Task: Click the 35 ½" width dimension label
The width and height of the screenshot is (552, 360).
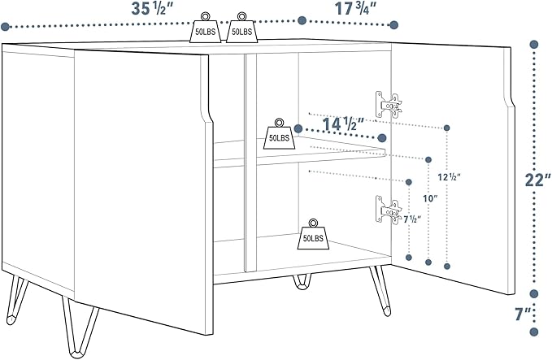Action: pyautogui.click(x=156, y=9)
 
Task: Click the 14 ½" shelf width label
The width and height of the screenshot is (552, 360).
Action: pyautogui.click(x=342, y=126)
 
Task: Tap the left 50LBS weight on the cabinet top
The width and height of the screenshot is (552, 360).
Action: pyautogui.click(x=204, y=28)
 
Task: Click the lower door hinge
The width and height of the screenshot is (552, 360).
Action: pyautogui.click(x=389, y=209)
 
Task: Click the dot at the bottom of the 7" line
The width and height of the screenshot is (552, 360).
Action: pyautogui.click(x=534, y=330)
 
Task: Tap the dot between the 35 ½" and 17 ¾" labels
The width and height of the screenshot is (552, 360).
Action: pyautogui.click(x=301, y=19)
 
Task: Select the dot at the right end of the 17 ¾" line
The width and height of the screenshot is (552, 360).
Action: pyautogui.click(x=395, y=24)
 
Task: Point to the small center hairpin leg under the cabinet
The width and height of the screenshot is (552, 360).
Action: pyautogui.click(x=302, y=282)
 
